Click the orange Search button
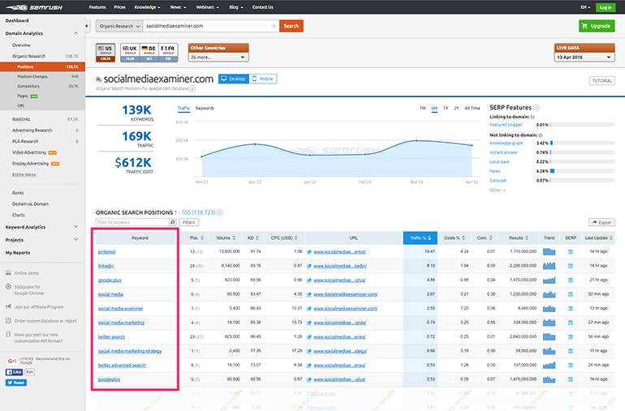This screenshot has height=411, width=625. [x=291, y=26]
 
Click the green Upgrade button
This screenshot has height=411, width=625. [x=597, y=26]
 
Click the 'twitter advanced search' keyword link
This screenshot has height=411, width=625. [x=122, y=365]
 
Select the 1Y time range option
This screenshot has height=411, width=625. [x=446, y=108]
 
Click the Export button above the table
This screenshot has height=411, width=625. [x=602, y=221]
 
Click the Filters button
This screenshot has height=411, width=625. [x=188, y=221]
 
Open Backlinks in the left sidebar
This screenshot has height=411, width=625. [x=21, y=119]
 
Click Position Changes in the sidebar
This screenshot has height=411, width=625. [x=33, y=75]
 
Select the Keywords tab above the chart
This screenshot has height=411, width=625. [x=205, y=108]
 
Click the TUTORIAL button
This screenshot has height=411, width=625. [x=601, y=81]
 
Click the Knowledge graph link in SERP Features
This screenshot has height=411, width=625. [x=507, y=142]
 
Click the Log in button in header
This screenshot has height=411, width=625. [x=605, y=6]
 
